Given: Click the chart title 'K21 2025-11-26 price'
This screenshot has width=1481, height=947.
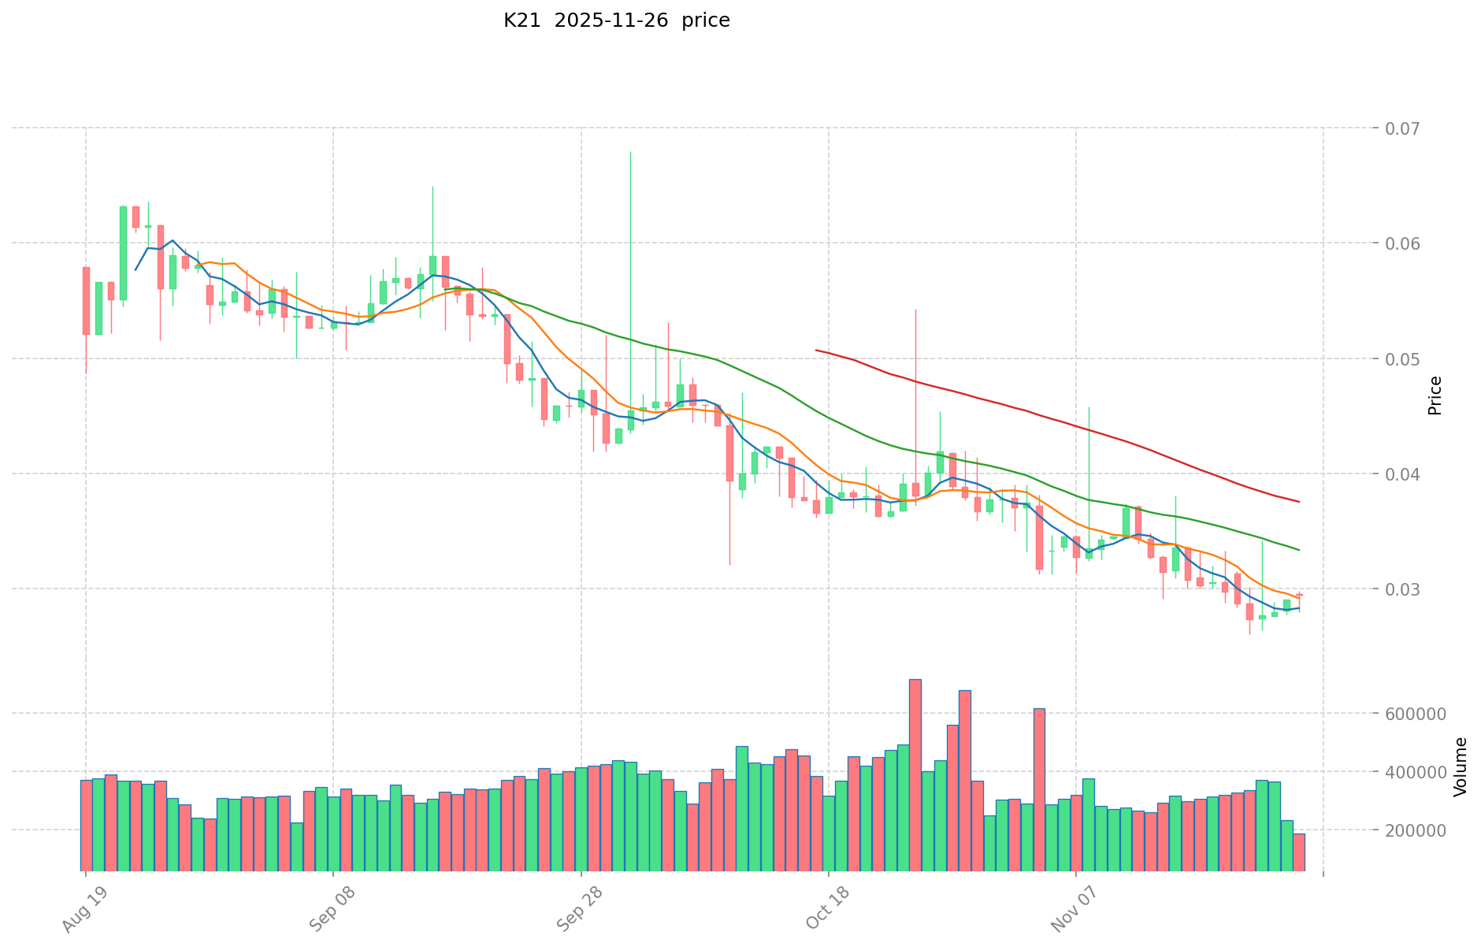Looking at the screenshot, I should point(616,21).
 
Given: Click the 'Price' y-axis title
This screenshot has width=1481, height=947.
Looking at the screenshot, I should point(1435,396).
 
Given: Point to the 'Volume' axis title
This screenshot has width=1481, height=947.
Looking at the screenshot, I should point(1461,767).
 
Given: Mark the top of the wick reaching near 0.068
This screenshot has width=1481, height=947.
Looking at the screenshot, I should point(630,152).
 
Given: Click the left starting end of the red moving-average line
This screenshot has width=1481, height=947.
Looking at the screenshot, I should point(816,350).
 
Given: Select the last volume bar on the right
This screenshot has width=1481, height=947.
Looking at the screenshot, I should point(1298,852).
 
